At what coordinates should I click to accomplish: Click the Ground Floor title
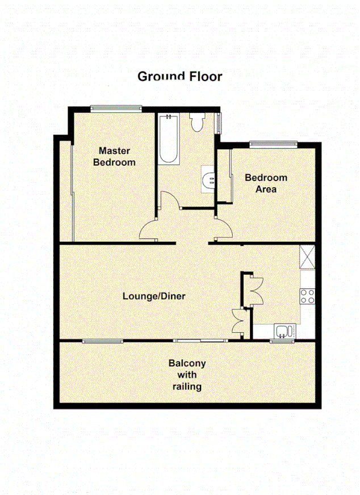(179, 76)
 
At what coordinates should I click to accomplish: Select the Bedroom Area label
(266, 183)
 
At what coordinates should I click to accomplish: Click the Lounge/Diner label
(154, 296)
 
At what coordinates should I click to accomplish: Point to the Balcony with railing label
(186, 375)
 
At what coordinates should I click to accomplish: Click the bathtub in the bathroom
(168, 140)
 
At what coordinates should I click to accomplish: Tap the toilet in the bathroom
(198, 121)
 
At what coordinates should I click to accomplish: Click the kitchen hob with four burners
(307, 296)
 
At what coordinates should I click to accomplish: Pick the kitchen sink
(283, 330)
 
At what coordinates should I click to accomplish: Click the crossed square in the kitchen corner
(308, 257)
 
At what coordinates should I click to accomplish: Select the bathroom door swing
(169, 201)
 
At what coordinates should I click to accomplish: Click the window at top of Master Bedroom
(116, 109)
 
